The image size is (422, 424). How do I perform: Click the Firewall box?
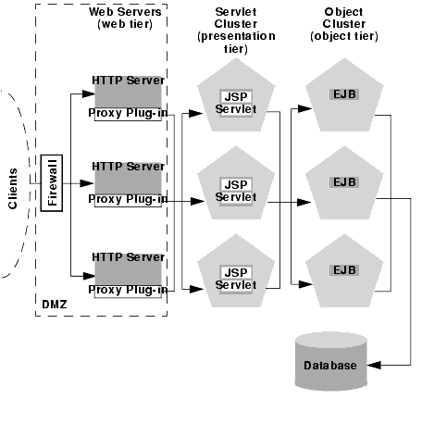pos(52,183)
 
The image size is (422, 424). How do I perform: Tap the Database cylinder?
pos(331,362)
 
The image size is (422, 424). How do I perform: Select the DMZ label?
pos(55,305)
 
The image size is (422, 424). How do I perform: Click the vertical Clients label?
pos(13,189)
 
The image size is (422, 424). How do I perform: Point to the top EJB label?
pos(344,94)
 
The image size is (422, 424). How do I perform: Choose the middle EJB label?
pos(344,182)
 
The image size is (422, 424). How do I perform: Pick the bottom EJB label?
pos(344,270)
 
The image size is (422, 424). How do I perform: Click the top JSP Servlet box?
pos(236,103)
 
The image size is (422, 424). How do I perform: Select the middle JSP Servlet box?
pos(236,192)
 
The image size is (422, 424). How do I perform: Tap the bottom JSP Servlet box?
pos(236,279)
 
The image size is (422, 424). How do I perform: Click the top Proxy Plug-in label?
pos(128,113)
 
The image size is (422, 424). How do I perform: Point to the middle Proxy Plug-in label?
pos(128,199)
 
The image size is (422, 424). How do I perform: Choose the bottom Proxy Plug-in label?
pos(128,290)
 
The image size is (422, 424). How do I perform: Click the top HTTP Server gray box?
pos(128,92)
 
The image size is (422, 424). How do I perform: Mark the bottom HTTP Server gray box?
pos(128,269)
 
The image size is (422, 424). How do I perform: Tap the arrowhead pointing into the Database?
pos(374,365)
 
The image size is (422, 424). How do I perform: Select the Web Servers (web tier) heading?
pos(125,18)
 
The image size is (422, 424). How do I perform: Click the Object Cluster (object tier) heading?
pos(344,24)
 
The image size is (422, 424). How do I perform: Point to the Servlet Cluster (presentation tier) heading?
pos(236,31)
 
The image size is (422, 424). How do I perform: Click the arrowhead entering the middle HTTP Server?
pos(87,183)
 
